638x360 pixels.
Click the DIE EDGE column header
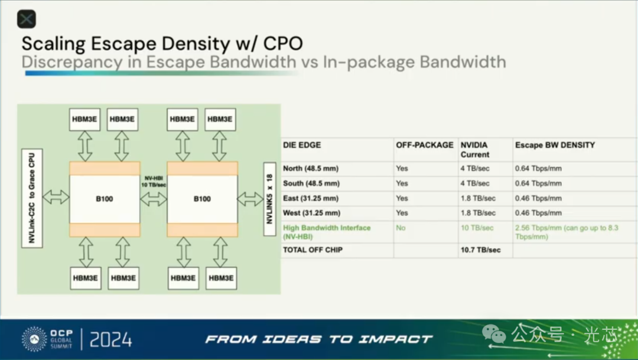click(x=302, y=145)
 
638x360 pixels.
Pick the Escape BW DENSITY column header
click(x=555, y=145)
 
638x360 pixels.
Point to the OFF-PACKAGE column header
click(x=424, y=145)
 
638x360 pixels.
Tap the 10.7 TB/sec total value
click(x=480, y=250)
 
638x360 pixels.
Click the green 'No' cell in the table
click(x=401, y=228)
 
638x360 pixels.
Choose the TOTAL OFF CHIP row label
click(x=313, y=250)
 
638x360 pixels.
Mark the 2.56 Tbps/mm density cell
click(x=567, y=232)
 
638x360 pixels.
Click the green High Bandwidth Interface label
click(x=327, y=232)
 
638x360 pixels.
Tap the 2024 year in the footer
click(x=110, y=339)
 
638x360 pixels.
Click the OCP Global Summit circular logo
click(x=34, y=339)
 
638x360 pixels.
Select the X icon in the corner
click(x=27, y=19)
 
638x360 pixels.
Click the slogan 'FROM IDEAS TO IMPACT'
click(x=319, y=339)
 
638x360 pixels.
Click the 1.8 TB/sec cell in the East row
click(x=478, y=198)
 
